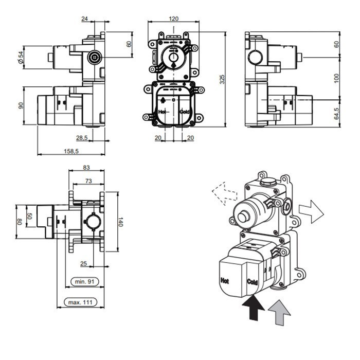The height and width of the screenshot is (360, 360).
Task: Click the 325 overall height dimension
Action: tap(223, 78)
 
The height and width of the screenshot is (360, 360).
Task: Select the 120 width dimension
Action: tap(173, 18)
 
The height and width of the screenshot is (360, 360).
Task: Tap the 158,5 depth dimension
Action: tap(71, 151)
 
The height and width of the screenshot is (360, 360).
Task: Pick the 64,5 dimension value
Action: tap(336, 113)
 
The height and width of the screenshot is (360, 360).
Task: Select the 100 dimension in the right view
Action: tap(336, 78)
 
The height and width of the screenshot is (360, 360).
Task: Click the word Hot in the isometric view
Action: tap(224, 281)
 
